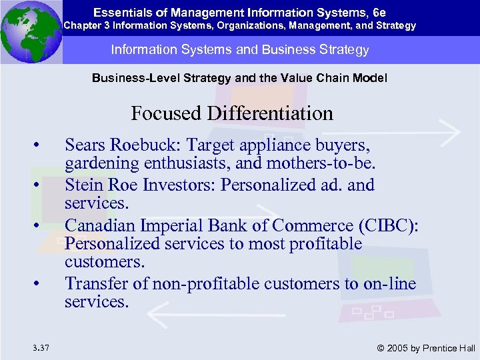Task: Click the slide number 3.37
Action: tap(39, 347)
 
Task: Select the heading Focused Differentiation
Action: tap(232, 113)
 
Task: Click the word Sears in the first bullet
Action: tap(85, 145)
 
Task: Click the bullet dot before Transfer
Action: tap(42, 284)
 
